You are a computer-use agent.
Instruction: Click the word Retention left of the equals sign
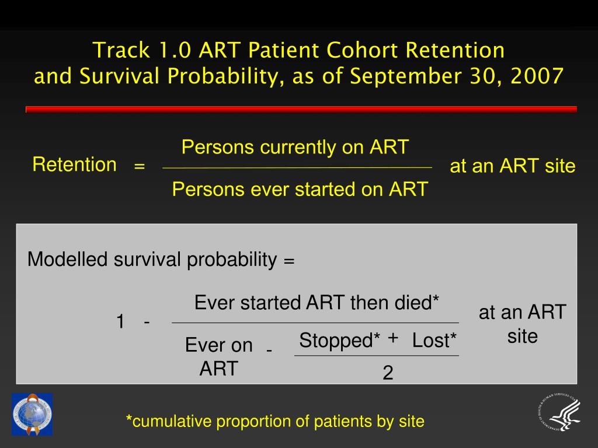pos(74,164)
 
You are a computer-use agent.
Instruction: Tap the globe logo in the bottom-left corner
pos(32,414)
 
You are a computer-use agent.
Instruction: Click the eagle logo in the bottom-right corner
pos(558,414)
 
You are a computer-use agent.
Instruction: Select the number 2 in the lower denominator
pos(388,373)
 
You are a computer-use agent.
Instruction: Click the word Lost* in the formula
pos(434,340)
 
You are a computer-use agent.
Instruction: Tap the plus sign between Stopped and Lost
pos(392,338)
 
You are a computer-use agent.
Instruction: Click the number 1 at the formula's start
pos(120,321)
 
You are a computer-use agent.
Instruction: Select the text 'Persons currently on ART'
pos(295,147)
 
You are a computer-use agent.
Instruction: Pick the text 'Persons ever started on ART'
pos(300,189)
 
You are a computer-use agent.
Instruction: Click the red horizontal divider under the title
pos(301,109)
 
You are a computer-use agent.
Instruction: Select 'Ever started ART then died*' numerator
pos(317,303)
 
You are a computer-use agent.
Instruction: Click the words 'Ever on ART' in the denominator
pos(218,356)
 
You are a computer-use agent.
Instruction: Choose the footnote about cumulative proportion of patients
pos(275,421)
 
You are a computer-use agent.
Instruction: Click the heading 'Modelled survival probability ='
pos(161,260)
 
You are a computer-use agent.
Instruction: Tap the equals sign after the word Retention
pos(139,166)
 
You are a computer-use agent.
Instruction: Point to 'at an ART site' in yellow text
pos(512,166)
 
